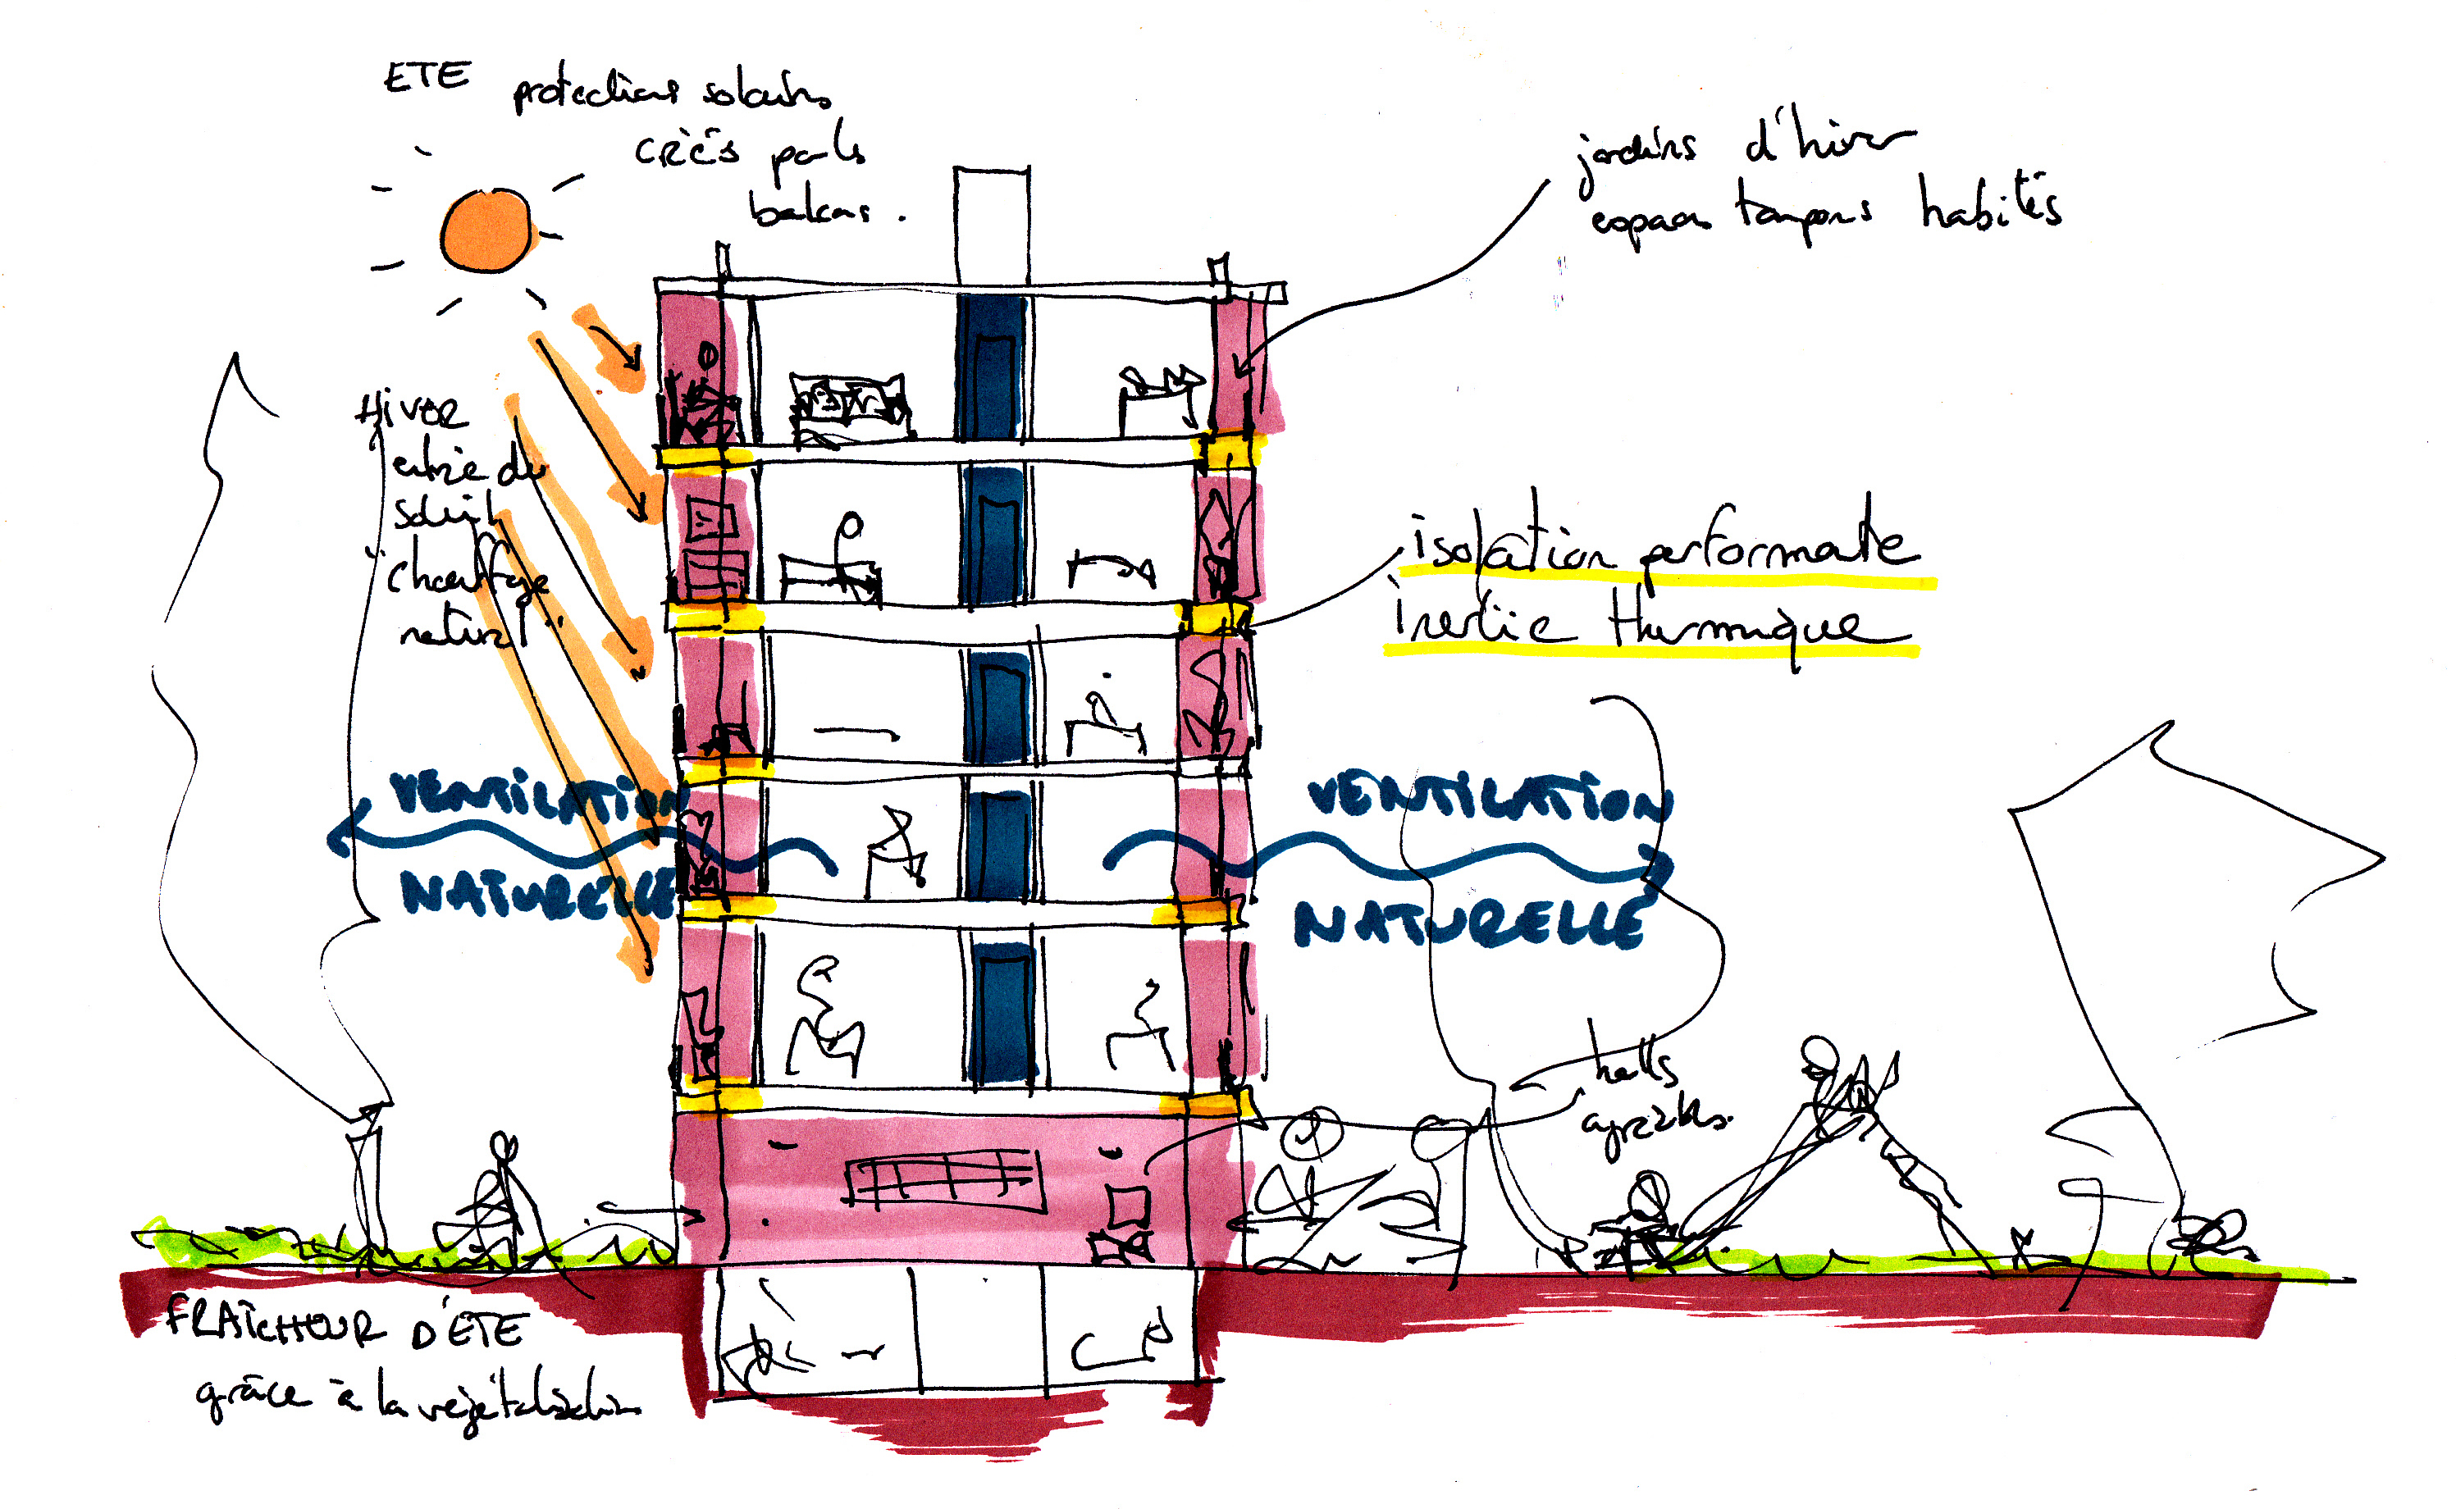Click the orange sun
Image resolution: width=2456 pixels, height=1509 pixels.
tap(486, 231)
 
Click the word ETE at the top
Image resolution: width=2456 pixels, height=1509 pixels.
tap(427, 77)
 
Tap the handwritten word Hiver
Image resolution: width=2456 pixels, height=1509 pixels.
tap(410, 410)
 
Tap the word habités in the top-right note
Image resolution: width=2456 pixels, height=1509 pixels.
tap(1990, 204)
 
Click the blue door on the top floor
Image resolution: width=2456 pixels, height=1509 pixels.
tap(992, 369)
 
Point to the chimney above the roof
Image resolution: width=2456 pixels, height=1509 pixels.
tap(991, 225)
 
